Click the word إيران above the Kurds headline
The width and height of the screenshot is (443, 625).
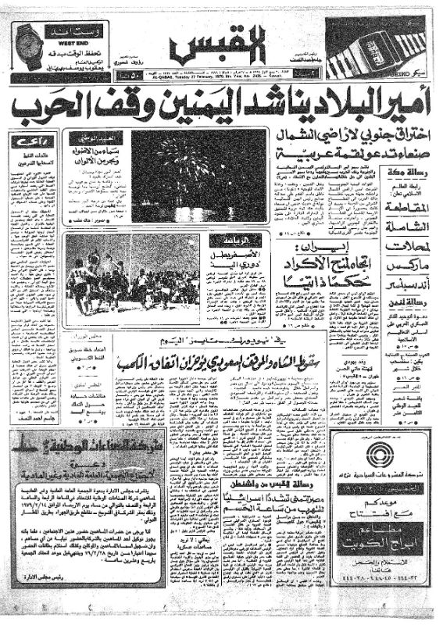pos(318,248)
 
